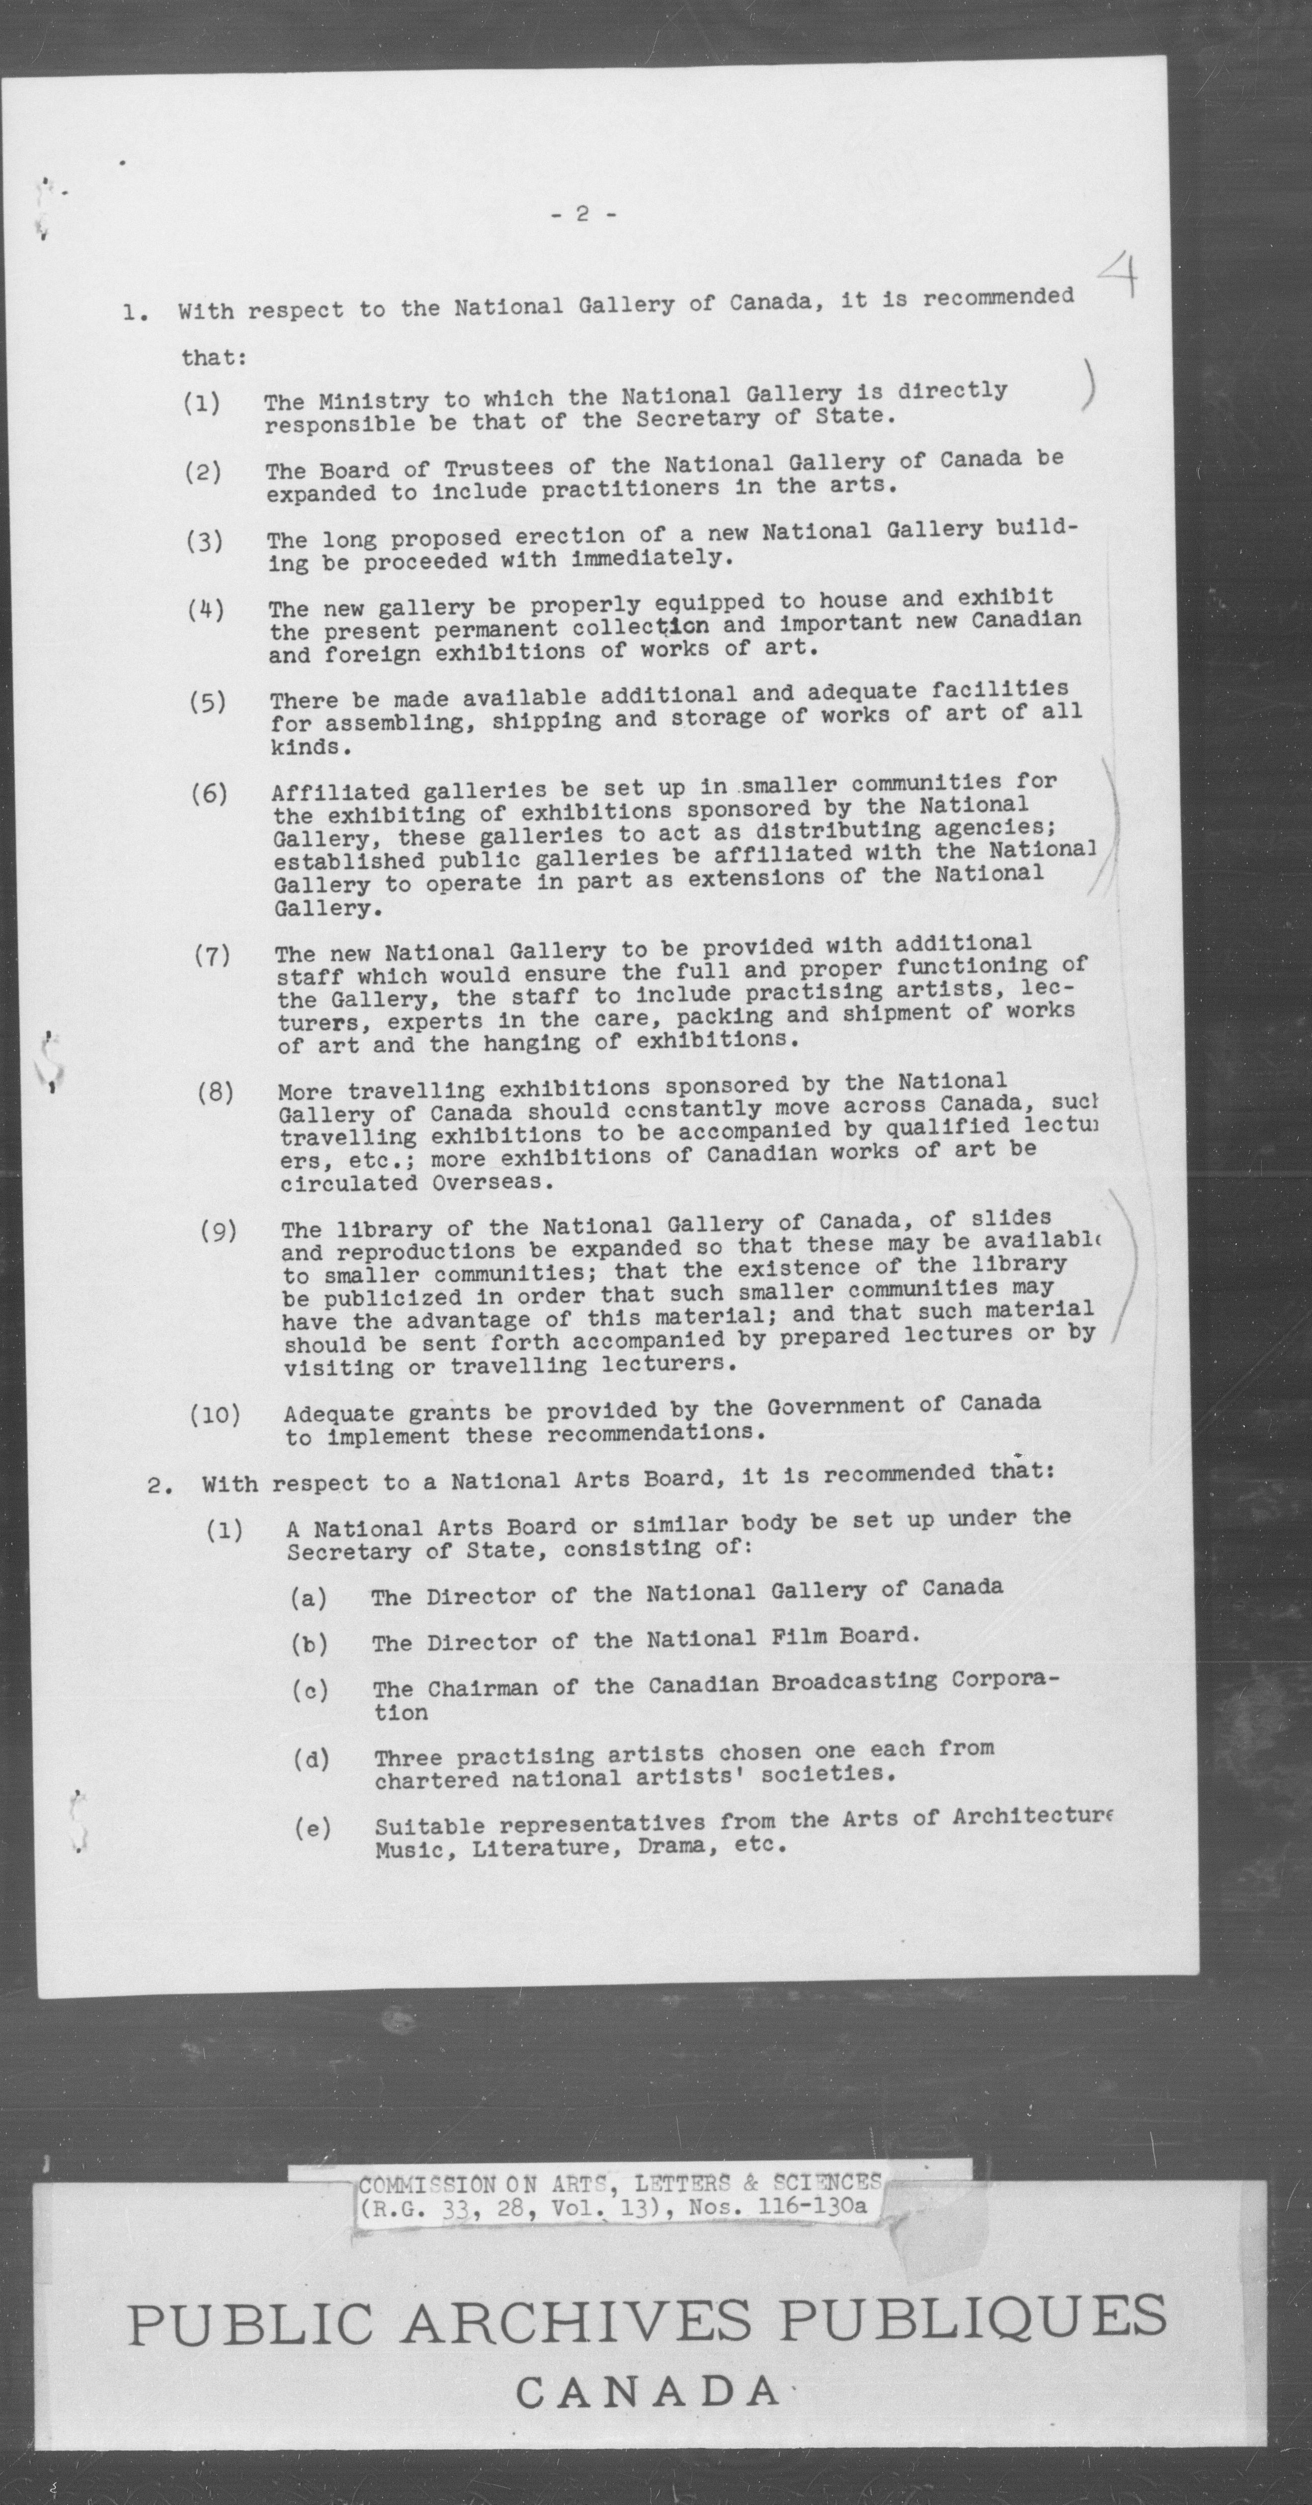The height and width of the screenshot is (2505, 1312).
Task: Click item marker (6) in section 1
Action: click(x=209, y=794)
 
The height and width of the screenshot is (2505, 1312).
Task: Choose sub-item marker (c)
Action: click(x=310, y=1690)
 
